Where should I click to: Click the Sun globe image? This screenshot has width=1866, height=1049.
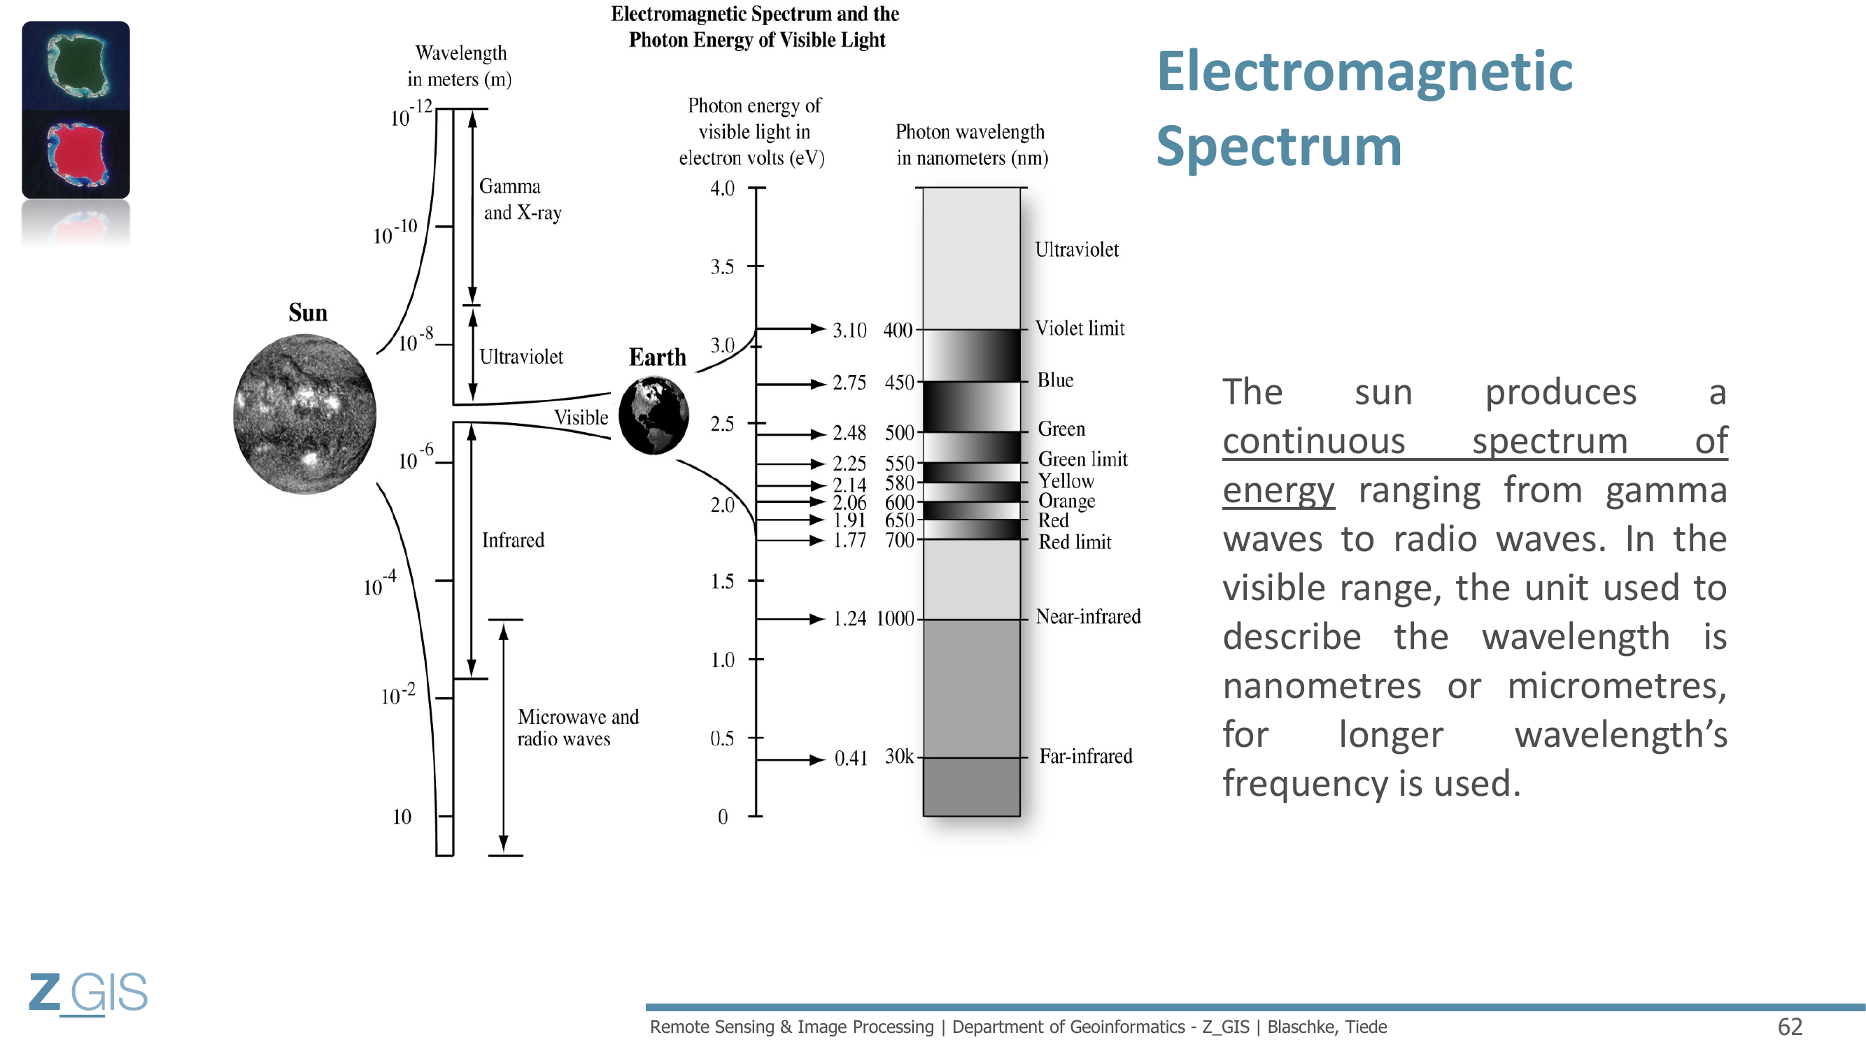click(305, 414)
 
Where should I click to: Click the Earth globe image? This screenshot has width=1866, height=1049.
click(653, 415)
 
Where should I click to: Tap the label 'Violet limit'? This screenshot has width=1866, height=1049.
click(1080, 329)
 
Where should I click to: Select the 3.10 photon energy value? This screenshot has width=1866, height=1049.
click(849, 330)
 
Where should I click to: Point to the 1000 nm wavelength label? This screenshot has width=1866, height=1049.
click(895, 619)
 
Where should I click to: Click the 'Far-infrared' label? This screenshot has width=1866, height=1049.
click(1085, 757)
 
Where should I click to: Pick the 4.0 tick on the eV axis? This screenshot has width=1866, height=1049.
click(722, 189)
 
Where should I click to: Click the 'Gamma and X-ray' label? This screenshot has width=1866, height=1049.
click(519, 199)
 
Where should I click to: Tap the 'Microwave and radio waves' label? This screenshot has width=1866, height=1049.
click(577, 727)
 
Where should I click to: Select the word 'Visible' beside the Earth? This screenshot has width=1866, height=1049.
click(581, 418)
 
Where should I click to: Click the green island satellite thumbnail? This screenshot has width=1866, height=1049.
click(76, 66)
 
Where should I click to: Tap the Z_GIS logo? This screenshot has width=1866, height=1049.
click(87, 992)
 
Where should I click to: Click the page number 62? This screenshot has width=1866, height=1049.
click(1790, 1027)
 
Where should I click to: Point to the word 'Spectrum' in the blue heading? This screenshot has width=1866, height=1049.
click(1278, 146)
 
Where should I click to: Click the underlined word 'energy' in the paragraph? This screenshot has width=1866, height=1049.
click(1278, 491)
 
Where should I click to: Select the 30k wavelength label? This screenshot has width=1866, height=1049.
click(899, 757)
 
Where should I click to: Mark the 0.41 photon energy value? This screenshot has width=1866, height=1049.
click(850, 759)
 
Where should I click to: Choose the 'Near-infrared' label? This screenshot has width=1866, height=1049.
click(1088, 617)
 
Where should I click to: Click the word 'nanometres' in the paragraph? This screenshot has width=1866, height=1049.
click(1321, 686)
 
